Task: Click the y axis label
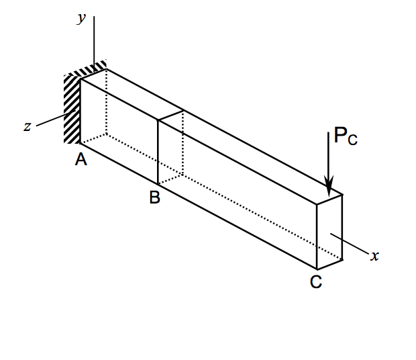[81, 19]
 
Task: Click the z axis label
[28, 126]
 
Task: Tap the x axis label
[376, 256]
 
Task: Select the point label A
[81, 159]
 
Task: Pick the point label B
[155, 198]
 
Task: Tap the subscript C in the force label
[353, 141]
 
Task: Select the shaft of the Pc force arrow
[329, 154]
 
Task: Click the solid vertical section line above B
[158, 152]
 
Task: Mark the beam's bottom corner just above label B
[158, 185]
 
